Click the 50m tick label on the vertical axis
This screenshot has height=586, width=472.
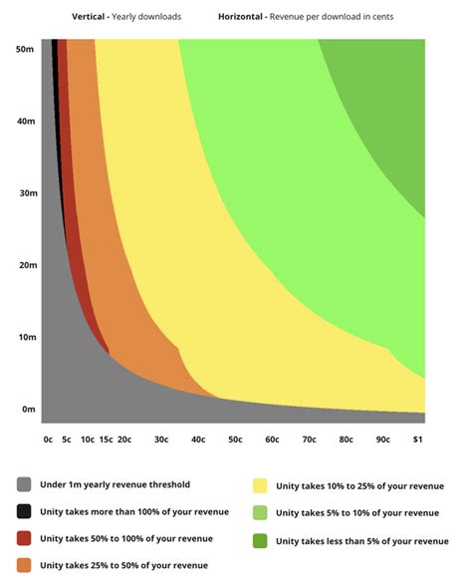click(27, 48)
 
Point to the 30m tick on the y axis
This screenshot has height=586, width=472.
click(27, 192)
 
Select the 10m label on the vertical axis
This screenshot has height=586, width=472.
click(27, 337)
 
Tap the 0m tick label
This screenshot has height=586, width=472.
click(29, 409)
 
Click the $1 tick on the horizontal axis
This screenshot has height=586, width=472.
click(417, 439)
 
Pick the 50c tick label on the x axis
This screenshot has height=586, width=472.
click(235, 439)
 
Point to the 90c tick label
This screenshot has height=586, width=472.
click(382, 439)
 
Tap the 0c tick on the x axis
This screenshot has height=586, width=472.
click(48, 439)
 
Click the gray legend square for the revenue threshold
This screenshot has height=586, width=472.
click(24, 485)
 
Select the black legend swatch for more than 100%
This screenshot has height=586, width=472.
click(24, 512)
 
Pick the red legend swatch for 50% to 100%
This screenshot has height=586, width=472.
click(24, 539)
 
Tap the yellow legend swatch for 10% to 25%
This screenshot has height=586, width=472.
click(260, 485)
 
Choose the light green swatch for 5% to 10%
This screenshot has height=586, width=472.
click(260, 512)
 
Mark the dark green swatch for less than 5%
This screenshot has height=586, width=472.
click(260, 539)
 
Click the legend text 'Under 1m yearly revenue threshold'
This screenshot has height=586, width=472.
click(114, 485)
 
